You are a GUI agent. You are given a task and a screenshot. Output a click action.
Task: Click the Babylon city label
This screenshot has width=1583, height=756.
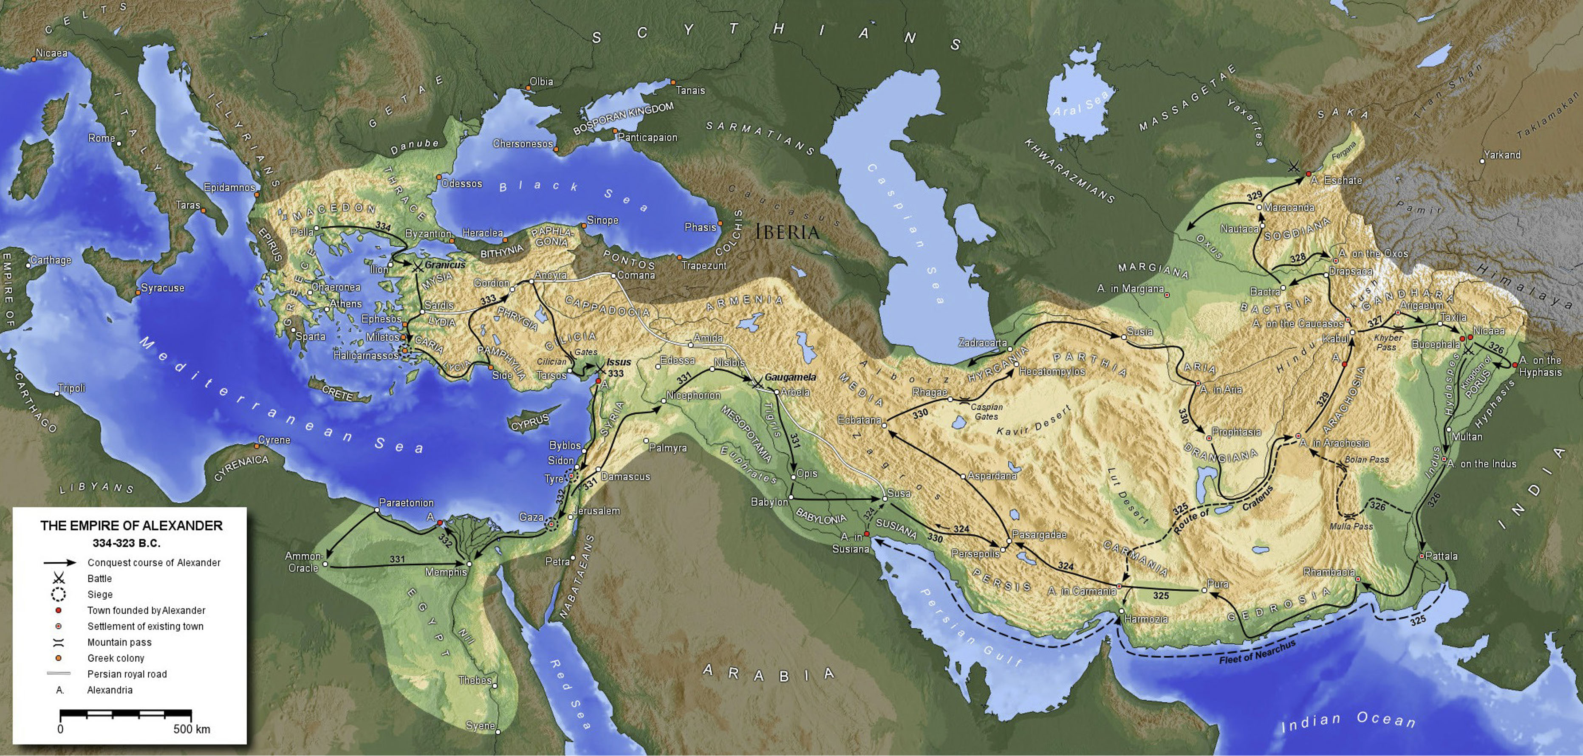tap(769, 502)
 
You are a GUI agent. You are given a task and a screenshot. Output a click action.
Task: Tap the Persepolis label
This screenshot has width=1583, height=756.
tap(975, 553)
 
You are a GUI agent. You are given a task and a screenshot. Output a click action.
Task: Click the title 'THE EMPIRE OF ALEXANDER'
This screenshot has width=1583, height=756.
tap(132, 526)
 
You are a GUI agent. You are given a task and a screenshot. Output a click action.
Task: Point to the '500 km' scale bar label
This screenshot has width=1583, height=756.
tap(192, 729)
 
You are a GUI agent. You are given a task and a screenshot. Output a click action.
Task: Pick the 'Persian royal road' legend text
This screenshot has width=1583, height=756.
tap(127, 674)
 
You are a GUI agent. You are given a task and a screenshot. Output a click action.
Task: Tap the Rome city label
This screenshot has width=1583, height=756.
tap(102, 138)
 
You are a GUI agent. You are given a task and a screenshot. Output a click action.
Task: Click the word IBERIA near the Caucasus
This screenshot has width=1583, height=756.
tap(787, 232)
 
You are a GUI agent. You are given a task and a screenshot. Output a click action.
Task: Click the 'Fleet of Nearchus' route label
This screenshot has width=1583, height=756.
tap(1257, 653)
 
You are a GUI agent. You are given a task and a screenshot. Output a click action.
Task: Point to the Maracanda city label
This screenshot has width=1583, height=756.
tap(1289, 208)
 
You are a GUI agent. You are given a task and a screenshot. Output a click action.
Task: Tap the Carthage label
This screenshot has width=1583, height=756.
tap(51, 260)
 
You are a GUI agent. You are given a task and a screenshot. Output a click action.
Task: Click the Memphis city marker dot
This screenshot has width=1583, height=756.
tap(469, 563)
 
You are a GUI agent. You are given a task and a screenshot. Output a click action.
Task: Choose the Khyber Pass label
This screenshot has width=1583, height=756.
tap(1388, 342)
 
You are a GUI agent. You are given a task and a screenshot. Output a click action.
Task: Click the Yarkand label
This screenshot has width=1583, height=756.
tap(1502, 155)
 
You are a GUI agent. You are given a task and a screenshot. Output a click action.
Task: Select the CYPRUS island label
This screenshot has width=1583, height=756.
tap(530, 423)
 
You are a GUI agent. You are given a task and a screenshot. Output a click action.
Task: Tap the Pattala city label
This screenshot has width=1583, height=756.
tap(1441, 556)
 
